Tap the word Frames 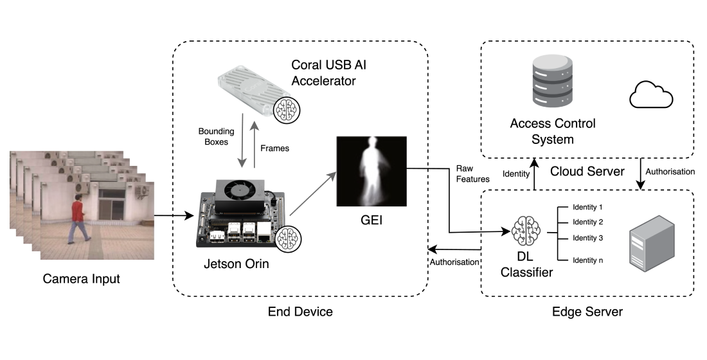click(x=276, y=148)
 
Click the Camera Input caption click(x=82, y=279)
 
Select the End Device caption click(x=300, y=312)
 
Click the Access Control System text click(x=552, y=130)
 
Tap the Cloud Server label click(x=587, y=172)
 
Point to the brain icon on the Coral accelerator click(x=287, y=109)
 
